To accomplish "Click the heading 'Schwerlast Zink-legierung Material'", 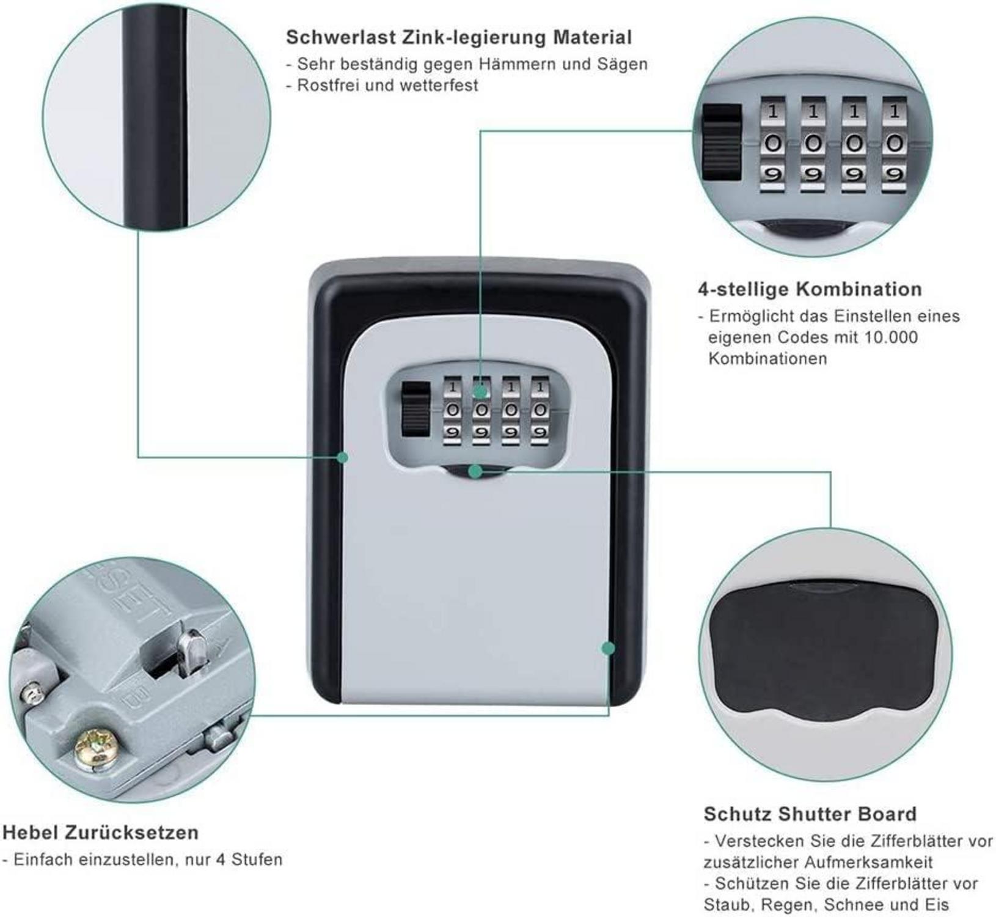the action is (x=459, y=37).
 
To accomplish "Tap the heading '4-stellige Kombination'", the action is (x=810, y=289).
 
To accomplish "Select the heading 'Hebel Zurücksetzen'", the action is (x=101, y=832).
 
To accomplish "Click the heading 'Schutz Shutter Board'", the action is (x=810, y=814).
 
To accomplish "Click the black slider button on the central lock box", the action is (x=415, y=409).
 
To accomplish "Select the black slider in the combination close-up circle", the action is (x=722, y=142).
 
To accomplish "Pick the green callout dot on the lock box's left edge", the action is (x=343, y=457).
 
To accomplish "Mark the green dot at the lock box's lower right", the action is (x=608, y=648).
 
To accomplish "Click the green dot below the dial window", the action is (x=475, y=471).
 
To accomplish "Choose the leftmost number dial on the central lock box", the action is (x=452, y=410).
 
